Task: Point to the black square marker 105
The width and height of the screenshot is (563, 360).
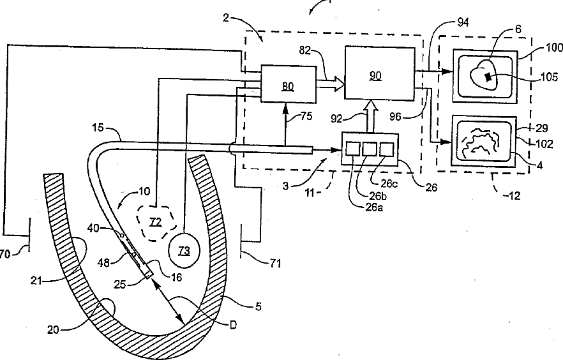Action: [488, 77]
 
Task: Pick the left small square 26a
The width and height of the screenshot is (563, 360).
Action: [352, 149]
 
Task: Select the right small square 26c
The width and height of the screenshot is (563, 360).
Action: [386, 149]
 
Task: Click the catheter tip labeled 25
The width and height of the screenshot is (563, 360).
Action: [148, 274]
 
